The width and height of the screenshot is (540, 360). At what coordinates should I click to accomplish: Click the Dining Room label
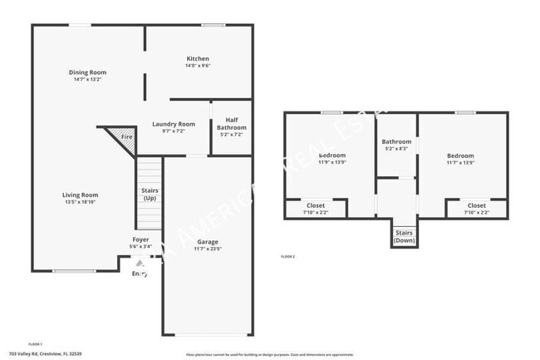pos(87,72)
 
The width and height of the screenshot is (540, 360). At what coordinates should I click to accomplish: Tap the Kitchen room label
pos(198,59)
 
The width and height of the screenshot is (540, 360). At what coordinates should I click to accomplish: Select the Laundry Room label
pos(174,124)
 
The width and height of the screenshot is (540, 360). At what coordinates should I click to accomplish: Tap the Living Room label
pos(81,195)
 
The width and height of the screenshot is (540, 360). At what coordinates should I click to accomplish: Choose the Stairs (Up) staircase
pos(150,195)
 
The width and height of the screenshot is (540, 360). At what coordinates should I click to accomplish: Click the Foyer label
pos(140,239)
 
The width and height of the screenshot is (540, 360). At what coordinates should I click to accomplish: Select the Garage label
pos(208,241)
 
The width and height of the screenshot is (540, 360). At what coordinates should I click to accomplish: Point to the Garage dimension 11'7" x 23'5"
pos(208,249)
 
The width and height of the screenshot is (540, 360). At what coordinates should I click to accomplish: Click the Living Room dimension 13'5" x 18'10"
pos(81,202)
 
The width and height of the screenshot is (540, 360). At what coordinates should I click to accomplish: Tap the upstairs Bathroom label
pos(396,141)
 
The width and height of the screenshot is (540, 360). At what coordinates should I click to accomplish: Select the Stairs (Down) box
pos(405,236)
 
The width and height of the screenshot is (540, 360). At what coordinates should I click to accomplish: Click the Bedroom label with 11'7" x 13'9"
pos(460,155)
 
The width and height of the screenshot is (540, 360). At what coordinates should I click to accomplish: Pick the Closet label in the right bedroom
pos(477,205)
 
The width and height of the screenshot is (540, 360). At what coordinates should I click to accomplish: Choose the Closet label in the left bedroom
pos(316,205)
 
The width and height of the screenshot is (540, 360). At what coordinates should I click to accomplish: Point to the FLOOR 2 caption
pos(287,256)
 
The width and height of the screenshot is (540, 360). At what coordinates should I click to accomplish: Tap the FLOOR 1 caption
pos(35,343)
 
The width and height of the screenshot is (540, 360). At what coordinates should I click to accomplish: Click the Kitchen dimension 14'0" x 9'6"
pos(198,67)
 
